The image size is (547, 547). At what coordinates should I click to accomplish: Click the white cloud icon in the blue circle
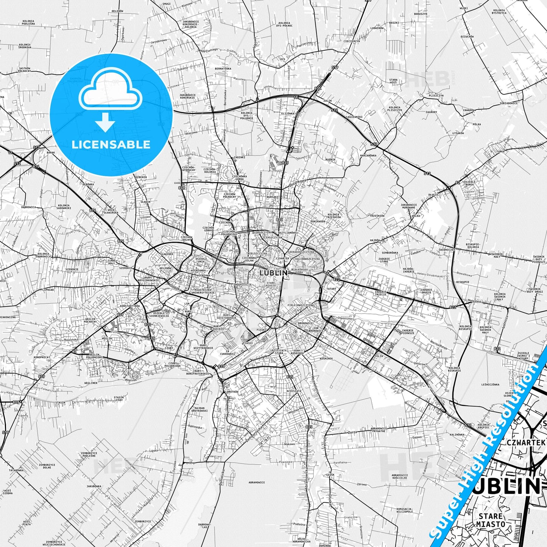click(x=111, y=92)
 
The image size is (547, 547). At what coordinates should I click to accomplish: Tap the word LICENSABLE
click(x=111, y=145)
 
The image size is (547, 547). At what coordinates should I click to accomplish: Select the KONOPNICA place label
click(x=41, y=357)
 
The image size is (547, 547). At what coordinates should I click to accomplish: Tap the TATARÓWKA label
click(x=16, y=470)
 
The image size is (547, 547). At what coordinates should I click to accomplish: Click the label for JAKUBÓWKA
click(x=94, y=486)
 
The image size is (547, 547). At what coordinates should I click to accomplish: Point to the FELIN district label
click(x=379, y=356)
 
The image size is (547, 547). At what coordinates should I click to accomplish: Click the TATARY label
click(x=331, y=289)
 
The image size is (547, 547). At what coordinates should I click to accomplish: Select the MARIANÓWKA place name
click(x=368, y=155)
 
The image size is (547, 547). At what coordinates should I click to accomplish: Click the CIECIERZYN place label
click(x=352, y=41)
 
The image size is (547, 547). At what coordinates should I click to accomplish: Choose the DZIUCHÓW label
click(x=467, y=37)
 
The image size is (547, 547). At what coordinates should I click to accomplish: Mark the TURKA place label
click(x=500, y=151)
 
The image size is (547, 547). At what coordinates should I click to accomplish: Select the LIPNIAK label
click(x=48, y=290)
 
